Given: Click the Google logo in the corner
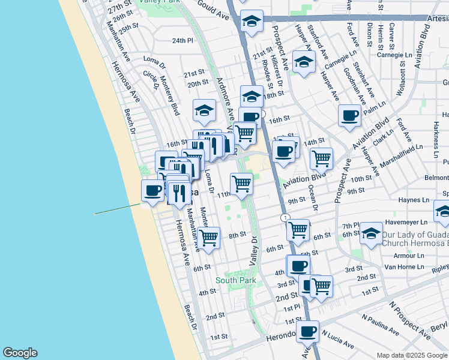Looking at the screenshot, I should [20, 353].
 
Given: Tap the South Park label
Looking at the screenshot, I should [236, 280].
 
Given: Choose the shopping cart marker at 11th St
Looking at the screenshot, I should [241, 184].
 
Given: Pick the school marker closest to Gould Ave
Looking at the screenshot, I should [252, 22].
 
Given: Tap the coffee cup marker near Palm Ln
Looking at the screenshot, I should [349, 115].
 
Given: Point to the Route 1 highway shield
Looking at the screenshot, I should [285, 217].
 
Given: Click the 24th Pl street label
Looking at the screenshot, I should [182, 41].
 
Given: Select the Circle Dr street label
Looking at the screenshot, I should [150, 80].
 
